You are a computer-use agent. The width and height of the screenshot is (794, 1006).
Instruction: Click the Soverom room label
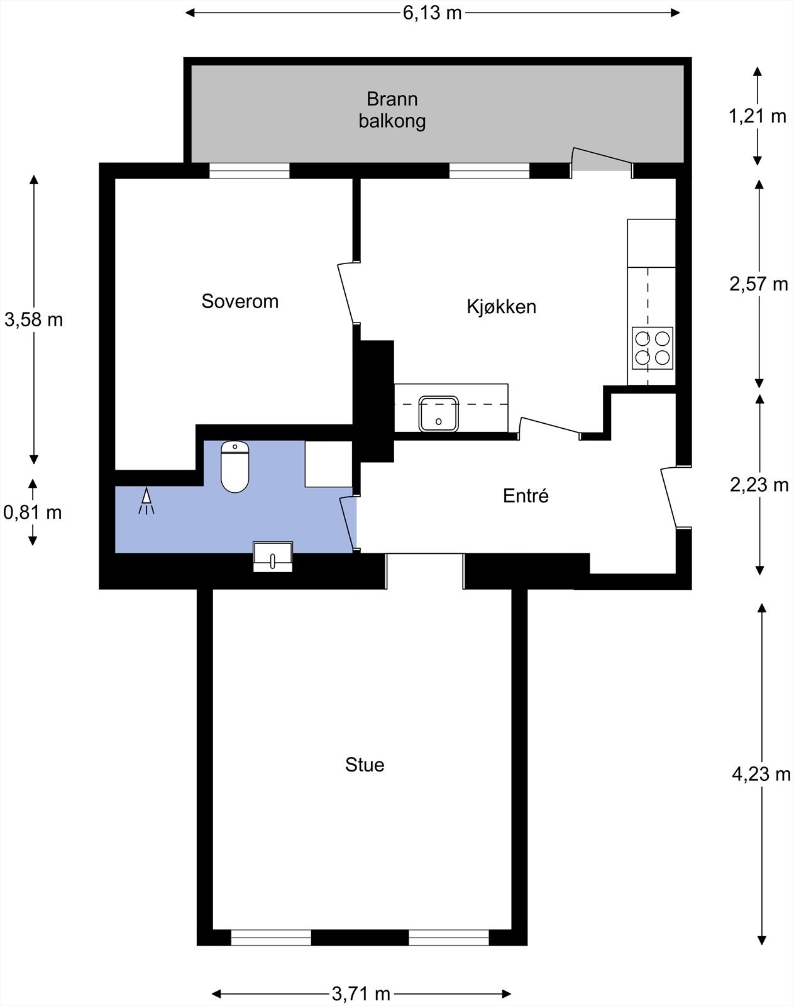coord(240,302)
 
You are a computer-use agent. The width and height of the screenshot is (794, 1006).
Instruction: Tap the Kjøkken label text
coord(502,307)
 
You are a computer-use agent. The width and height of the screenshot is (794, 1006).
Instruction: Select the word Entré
coord(526,495)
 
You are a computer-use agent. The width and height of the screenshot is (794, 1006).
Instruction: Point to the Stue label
coord(365,765)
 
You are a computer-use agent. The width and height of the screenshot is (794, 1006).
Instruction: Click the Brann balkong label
coord(392,110)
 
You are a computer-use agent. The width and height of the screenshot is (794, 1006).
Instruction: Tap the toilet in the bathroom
coord(234,467)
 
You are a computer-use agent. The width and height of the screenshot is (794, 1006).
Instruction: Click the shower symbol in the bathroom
coord(146,500)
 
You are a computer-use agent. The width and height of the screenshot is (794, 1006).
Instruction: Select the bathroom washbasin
coord(273,556)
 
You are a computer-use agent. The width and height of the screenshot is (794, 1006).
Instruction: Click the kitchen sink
coord(438,414)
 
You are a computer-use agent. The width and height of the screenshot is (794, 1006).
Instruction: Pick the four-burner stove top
coord(653,348)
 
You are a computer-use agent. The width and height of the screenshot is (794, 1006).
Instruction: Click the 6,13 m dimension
coord(433,13)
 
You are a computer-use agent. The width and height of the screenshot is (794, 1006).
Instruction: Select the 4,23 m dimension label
coord(761,775)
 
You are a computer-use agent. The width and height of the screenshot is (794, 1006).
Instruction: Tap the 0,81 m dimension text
coord(33,512)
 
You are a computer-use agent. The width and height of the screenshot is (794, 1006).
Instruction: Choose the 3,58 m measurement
coord(34,320)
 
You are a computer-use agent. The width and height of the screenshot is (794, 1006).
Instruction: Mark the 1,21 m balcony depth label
coord(758,116)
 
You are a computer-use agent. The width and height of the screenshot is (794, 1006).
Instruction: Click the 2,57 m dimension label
coord(759,284)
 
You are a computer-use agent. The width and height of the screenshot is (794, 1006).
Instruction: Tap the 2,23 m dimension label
coord(759,485)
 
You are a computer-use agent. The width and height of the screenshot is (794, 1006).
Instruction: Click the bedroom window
coord(249,170)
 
